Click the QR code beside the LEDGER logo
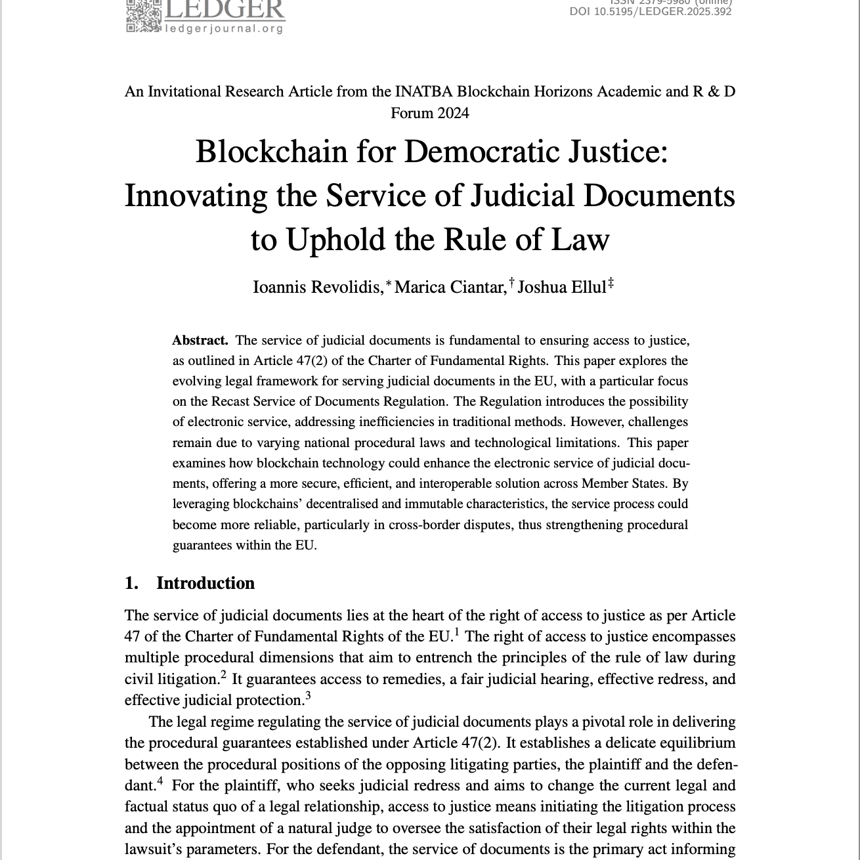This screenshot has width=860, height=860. tap(143, 15)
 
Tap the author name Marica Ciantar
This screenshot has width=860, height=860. tap(450, 288)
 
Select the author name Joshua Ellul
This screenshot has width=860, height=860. tap(561, 288)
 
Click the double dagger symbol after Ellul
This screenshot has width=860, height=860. tap(611, 283)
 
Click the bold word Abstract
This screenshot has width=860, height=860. tap(200, 340)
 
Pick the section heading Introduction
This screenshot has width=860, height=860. tap(205, 583)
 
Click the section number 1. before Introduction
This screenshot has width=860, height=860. tap(131, 583)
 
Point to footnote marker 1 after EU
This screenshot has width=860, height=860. tap(456, 632)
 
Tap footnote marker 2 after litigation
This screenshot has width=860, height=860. tap(224, 675)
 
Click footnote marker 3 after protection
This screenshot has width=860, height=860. tap(308, 696)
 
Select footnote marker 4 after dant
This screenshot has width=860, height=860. tap(160, 782)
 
